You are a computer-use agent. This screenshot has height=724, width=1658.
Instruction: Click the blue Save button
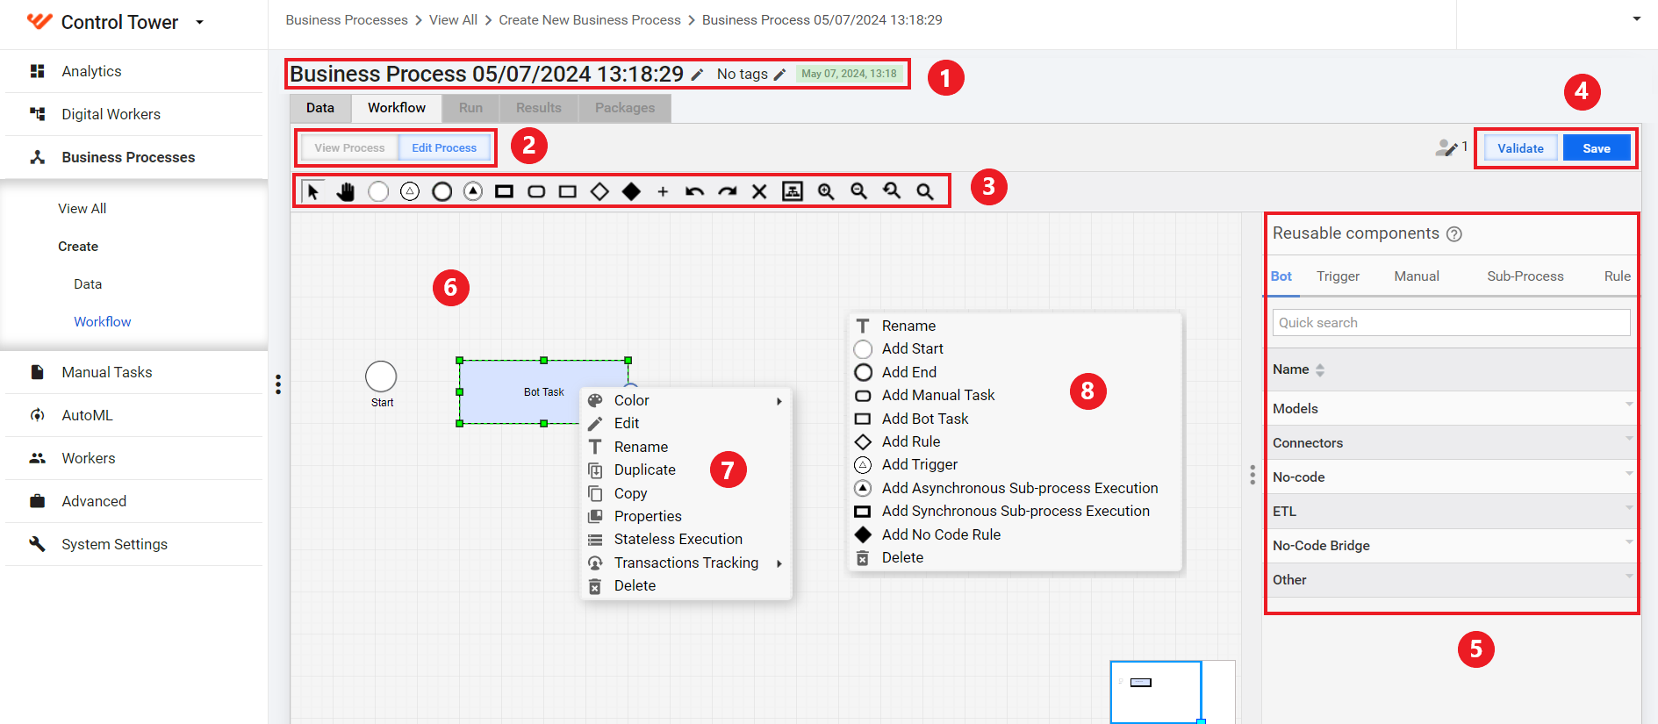pyautogui.click(x=1596, y=148)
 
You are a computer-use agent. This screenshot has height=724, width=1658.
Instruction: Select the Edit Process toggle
pyautogui.click(x=444, y=148)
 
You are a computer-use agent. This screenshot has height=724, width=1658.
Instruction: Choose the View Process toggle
pyautogui.click(x=349, y=148)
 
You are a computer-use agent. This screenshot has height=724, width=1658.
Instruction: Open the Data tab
pyautogui.click(x=320, y=108)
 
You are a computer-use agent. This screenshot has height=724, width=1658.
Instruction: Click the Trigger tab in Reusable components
pyautogui.click(x=1338, y=276)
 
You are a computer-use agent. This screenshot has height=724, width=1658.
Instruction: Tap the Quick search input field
pyautogui.click(x=1451, y=323)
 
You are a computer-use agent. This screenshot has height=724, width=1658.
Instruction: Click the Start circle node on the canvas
pyautogui.click(x=381, y=376)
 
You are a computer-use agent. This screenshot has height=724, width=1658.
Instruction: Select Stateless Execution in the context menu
pyautogui.click(x=678, y=539)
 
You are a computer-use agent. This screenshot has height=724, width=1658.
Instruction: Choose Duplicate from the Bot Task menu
pyautogui.click(x=644, y=470)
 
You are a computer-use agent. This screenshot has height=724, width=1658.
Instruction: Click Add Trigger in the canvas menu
pyautogui.click(x=919, y=464)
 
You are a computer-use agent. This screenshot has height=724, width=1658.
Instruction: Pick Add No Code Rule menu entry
pyautogui.click(x=941, y=534)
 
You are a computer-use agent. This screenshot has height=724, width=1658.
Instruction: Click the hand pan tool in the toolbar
pyautogui.click(x=346, y=191)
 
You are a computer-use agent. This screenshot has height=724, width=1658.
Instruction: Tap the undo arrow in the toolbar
pyautogui.click(x=694, y=191)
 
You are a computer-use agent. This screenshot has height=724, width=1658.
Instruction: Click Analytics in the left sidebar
pyautogui.click(x=91, y=71)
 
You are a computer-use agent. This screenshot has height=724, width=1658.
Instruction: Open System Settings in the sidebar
pyautogui.click(x=114, y=544)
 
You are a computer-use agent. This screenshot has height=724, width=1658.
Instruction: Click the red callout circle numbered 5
pyautogui.click(x=1475, y=649)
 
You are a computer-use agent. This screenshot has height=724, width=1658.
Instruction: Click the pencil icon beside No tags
pyautogui.click(x=779, y=75)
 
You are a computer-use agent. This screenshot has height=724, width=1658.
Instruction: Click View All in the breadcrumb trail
pyautogui.click(x=453, y=20)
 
